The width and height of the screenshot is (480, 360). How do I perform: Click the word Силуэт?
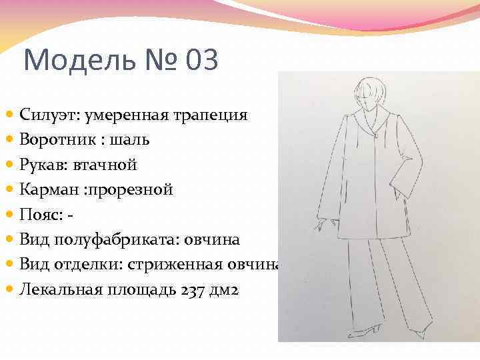[x=49, y=115]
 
